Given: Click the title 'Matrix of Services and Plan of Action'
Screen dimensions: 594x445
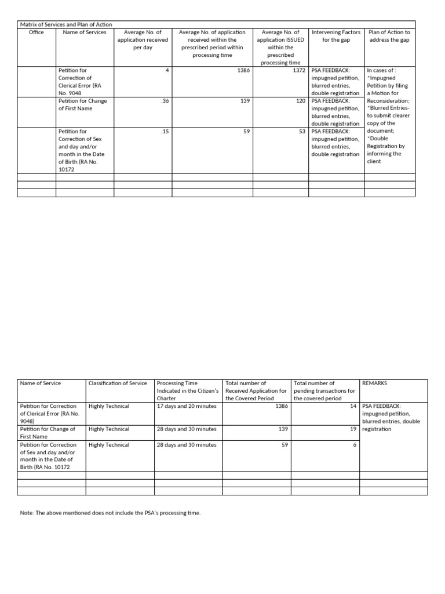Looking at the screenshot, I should pos(66,25).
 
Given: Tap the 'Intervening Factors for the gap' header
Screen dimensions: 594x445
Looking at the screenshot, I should pos(335,36).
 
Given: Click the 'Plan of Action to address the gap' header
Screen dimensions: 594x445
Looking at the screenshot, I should pos(389,36).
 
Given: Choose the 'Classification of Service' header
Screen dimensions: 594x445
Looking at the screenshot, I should pos(118,383).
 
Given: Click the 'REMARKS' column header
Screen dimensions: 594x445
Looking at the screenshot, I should pos(374,383).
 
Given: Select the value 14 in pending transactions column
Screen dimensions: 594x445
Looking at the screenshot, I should pos(353,406).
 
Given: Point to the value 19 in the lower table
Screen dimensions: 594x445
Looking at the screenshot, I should pos(353,429).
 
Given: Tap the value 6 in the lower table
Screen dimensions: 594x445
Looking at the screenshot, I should pos(355,445).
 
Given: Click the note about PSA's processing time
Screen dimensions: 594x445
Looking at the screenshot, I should pos(110,513).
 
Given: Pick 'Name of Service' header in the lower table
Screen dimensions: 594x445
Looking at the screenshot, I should pos(41,383).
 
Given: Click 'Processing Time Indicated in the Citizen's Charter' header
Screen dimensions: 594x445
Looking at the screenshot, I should pos(188,391).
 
